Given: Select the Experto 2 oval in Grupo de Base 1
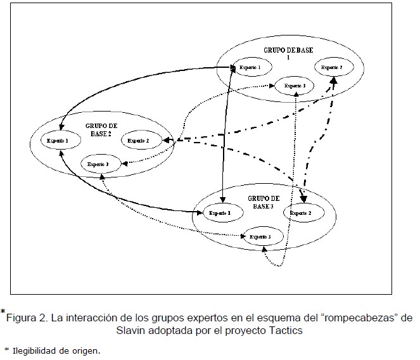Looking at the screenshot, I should click(331, 67).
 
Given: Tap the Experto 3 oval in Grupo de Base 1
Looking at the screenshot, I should click(295, 86).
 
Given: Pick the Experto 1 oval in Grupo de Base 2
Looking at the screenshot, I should click(58, 139).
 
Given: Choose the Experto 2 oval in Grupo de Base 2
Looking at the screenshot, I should click(139, 140).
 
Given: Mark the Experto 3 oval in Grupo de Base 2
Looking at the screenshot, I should click(98, 165).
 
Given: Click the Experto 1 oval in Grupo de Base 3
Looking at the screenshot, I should click(220, 214).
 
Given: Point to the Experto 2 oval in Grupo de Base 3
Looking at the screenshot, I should click(301, 214).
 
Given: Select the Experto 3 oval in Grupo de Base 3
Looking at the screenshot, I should click(260, 236).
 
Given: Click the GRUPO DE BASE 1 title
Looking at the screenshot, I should click(288, 53).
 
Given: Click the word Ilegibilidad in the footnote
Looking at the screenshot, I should click(35, 350).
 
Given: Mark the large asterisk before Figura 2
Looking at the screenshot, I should click(3, 311).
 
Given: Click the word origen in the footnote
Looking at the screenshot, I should click(88, 350).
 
